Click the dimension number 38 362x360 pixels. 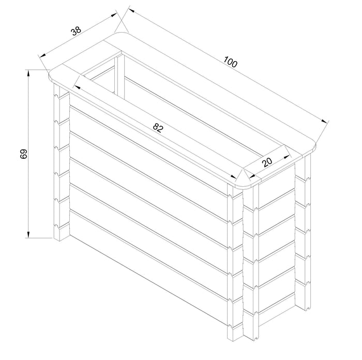(77, 31)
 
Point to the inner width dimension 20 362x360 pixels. (267, 162)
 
